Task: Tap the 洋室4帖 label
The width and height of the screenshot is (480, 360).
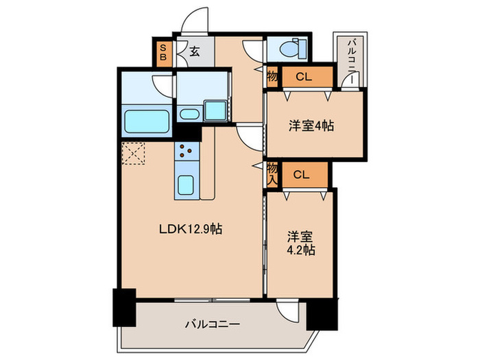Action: point(311,126)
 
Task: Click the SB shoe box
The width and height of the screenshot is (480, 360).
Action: point(163,53)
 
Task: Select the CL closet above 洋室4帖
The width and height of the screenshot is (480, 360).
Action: point(304,77)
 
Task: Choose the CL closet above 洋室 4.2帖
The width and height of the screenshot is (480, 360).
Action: point(302,174)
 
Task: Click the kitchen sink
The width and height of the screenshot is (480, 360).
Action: point(186,184)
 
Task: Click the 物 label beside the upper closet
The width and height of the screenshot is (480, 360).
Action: point(272,77)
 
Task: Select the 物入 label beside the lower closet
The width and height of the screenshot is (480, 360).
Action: point(272,173)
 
